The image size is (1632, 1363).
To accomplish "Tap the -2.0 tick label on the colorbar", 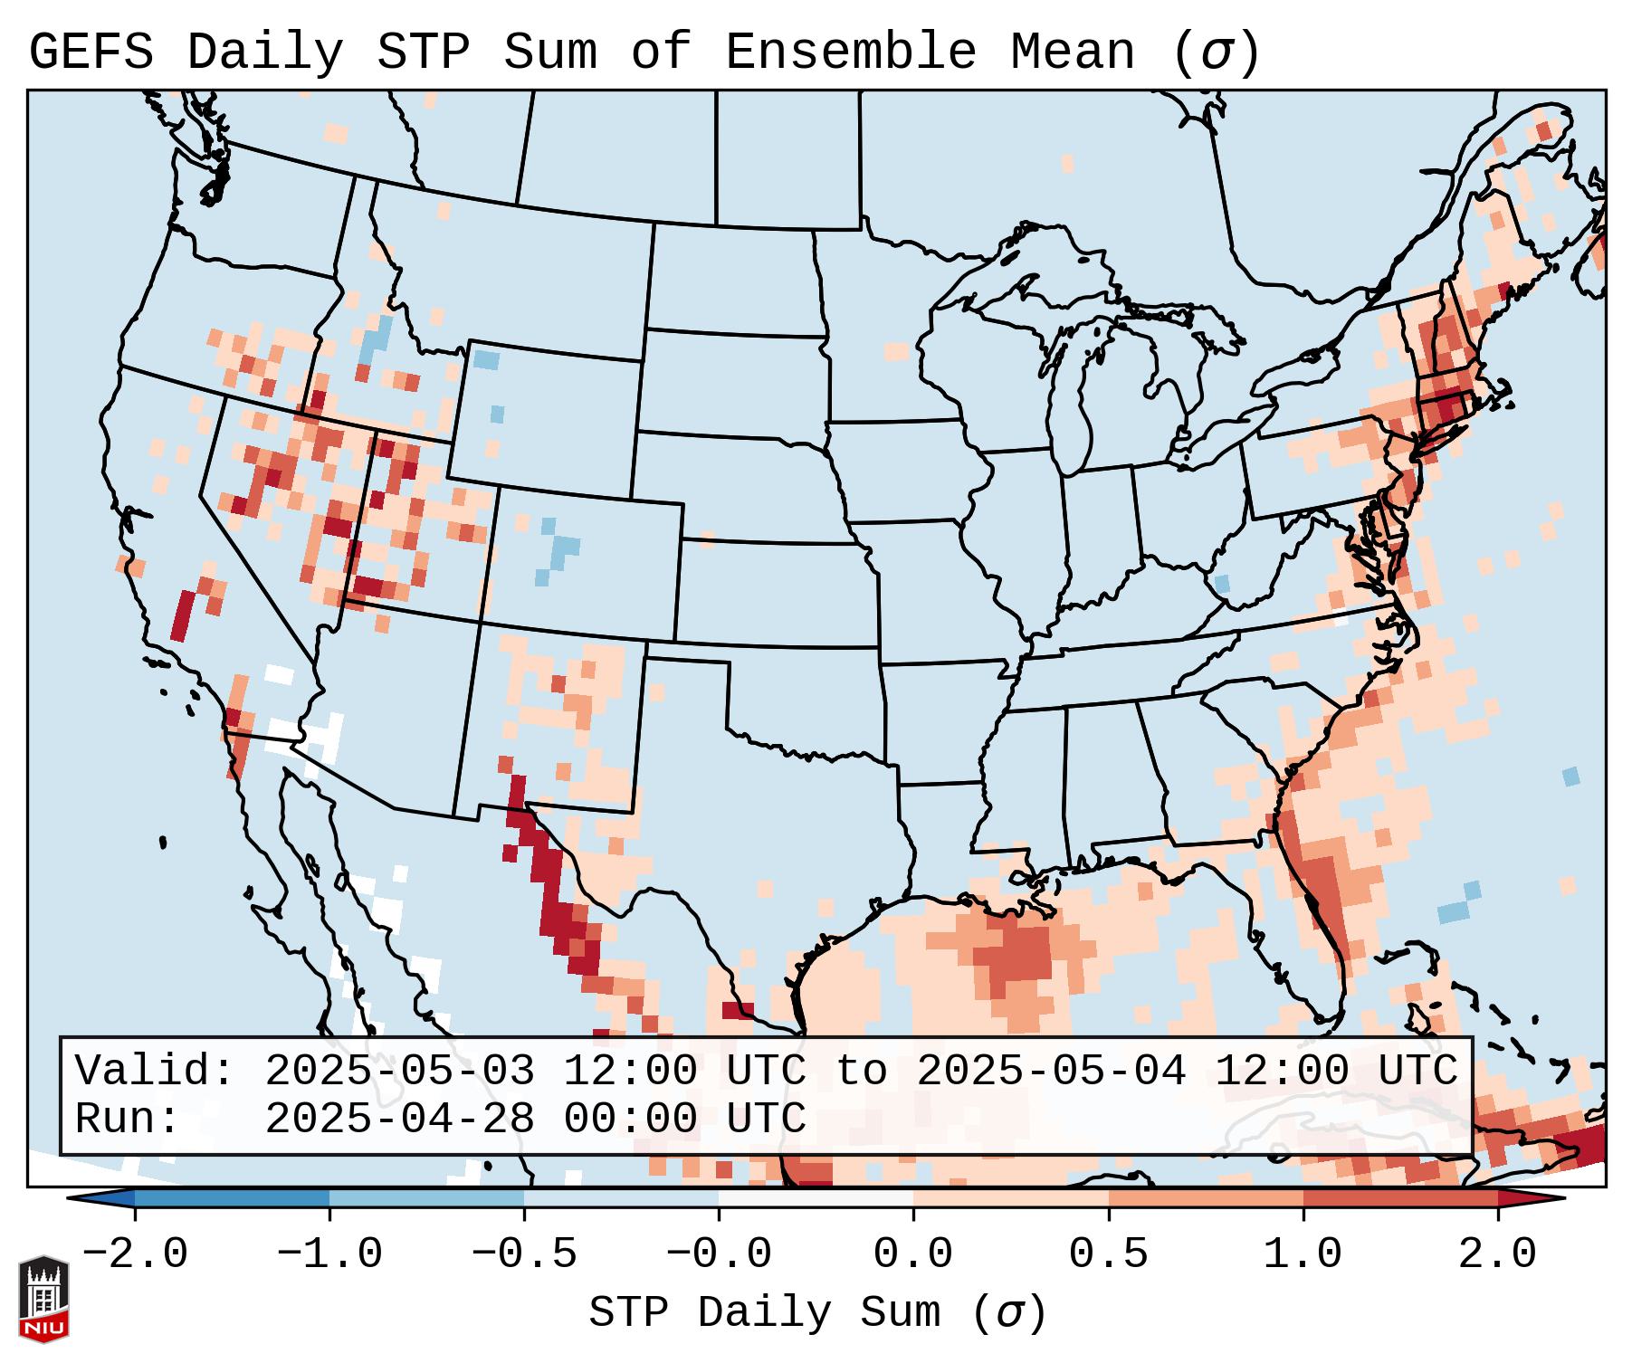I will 135,1255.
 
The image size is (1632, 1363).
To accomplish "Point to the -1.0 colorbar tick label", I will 329,1255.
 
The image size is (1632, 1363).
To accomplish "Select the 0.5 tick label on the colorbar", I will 1108,1255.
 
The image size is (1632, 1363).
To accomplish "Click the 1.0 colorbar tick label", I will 1303,1255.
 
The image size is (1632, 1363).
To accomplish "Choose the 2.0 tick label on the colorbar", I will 1497,1255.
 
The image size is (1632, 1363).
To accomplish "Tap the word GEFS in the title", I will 91,52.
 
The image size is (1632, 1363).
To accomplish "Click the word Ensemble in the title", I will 850,52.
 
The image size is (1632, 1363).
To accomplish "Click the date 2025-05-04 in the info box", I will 1051,1071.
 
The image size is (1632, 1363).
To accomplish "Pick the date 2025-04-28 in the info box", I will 399,1119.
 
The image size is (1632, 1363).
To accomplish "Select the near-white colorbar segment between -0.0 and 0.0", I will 816,1198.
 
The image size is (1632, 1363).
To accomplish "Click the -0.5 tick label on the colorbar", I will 524,1255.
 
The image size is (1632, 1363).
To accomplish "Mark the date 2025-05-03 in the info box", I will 399,1071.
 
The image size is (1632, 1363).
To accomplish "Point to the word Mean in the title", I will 1073,52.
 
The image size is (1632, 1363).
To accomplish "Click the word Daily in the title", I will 265,52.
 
